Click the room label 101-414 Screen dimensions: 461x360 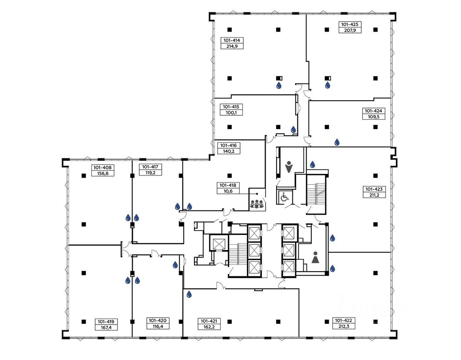(x=232, y=40)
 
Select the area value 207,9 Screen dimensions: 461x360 (x=350, y=30)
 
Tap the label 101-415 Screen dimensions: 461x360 (x=231, y=107)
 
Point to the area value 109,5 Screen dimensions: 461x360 (x=373, y=116)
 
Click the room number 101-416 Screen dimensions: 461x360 (x=228, y=145)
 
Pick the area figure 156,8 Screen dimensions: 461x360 (x=103, y=173)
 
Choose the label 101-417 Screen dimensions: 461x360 (x=150, y=167)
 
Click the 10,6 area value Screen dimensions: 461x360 (x=228, y=191)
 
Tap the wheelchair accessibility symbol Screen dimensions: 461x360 (x=285, y=198)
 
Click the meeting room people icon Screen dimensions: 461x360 (x=257, y=204)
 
